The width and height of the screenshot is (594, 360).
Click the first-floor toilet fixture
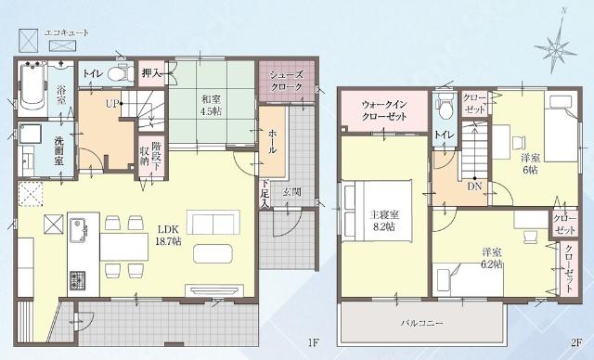pyautogui.click(x=117, y=72)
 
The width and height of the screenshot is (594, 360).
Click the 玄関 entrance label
pyautogui.click(x=291, y=192)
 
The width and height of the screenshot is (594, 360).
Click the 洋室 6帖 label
pyautogui.click(x=530, y=163)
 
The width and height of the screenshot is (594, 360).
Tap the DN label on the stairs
pyautogui.click(x=474, y=186)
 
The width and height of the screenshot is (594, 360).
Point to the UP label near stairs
pyautogui.click(x=111, y=103)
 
